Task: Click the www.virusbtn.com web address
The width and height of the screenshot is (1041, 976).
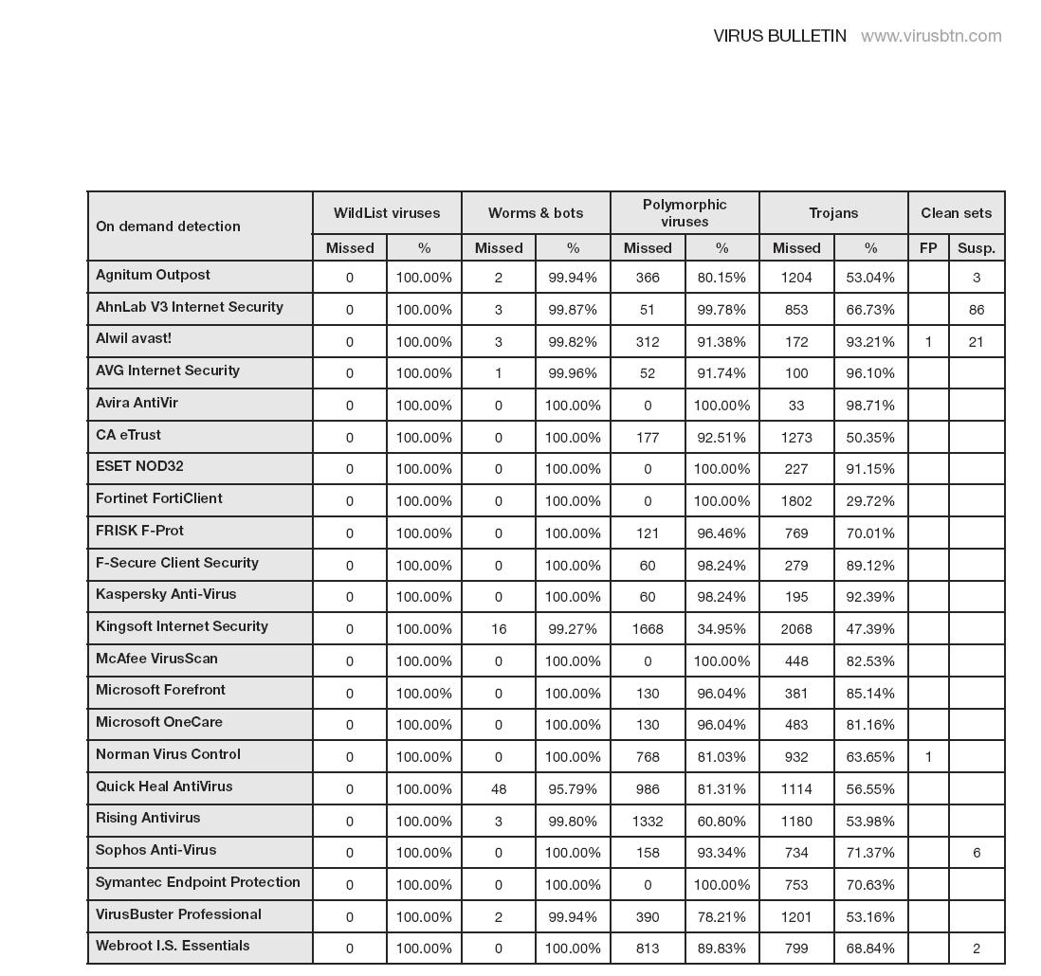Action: point(931,36)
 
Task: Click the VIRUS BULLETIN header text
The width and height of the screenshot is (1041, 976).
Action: point(779,36)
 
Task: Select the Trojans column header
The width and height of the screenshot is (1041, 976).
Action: point(833,213)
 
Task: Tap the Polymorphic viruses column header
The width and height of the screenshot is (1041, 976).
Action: point(685,213)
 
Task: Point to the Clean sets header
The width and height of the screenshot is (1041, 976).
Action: point(956,213)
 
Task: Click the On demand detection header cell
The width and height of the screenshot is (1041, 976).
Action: point(168,226)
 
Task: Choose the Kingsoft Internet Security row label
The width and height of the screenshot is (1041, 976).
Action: point(182,626)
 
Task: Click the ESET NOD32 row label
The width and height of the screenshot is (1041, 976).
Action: point(139,466)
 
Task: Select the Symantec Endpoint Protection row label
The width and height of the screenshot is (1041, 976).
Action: point(198,882)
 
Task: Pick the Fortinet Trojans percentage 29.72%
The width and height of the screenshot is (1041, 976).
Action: point(870,500)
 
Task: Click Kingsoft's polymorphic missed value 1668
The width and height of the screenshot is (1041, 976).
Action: point(648,628)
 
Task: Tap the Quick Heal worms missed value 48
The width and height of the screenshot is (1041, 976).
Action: point(498,788)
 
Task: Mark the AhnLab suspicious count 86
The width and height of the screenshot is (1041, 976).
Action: point(976,309)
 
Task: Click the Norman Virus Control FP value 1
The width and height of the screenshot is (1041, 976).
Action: point(928,756)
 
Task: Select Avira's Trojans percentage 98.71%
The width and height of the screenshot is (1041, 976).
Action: point(870,405)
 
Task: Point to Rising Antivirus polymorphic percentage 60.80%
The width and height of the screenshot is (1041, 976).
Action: point(721,821)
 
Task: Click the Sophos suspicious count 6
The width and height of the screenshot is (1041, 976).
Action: point(976,853)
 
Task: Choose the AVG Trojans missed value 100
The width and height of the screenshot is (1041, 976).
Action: point(796,373)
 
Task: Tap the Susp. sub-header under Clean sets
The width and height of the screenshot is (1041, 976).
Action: point(976,248)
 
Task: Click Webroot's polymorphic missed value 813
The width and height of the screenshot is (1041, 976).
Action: point(648,948)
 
